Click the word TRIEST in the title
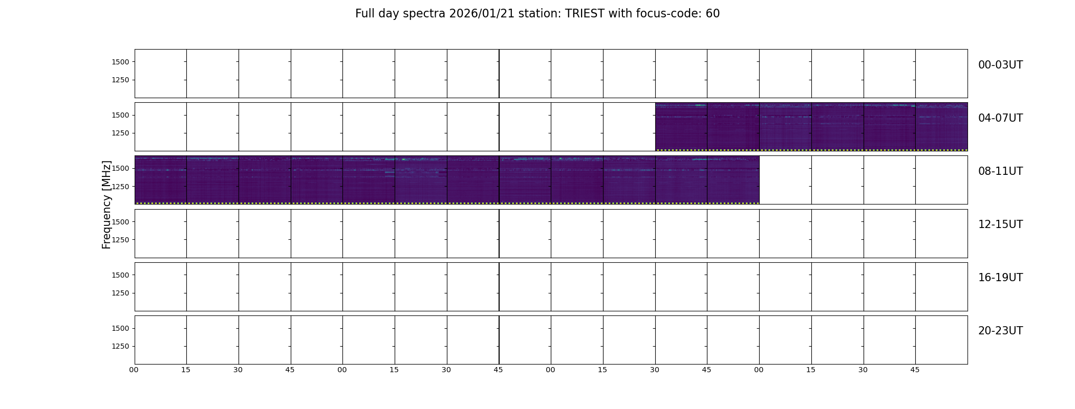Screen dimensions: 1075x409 click(x=585, y=14)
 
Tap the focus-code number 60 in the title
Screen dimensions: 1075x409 click(x=713, y=14)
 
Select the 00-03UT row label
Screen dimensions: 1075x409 click(x=1000, y=65)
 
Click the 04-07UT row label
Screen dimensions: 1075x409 click(x=1000, y=118)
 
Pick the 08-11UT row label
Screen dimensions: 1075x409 click(x=1000, y=171)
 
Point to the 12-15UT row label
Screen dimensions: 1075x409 click(x=1000, y=224)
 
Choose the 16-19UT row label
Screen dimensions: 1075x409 click(x=1000, y=278)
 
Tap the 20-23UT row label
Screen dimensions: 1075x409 click(x=1000, y=331)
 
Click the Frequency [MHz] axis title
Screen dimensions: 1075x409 click(x=106, y=204)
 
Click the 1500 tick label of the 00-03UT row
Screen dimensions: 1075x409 click(x=120, y=62)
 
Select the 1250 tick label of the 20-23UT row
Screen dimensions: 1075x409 click(x=120, y=346)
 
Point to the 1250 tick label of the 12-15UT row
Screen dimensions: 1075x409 click(x=120, y=240)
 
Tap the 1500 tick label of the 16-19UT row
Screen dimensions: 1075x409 click(x=120, y=275)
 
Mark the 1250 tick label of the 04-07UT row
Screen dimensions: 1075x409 click(x=120, y=133)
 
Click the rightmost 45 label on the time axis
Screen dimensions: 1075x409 click(x=915, y=370)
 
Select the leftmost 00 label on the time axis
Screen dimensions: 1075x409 click(x=134, y=370)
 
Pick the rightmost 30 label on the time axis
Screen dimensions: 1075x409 click(x=863, y=370)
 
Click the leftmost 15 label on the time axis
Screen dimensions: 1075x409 click(x=186, y=370)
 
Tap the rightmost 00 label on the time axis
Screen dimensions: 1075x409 click(x=759, y=370)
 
